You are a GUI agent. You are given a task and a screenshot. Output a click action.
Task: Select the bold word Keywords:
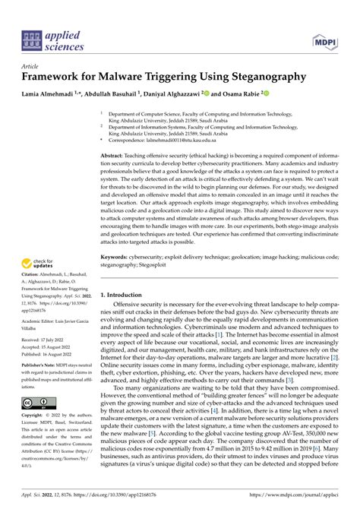[x=116, y=258]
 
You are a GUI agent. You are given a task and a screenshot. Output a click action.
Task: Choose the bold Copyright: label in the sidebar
[x=34, y=416]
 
